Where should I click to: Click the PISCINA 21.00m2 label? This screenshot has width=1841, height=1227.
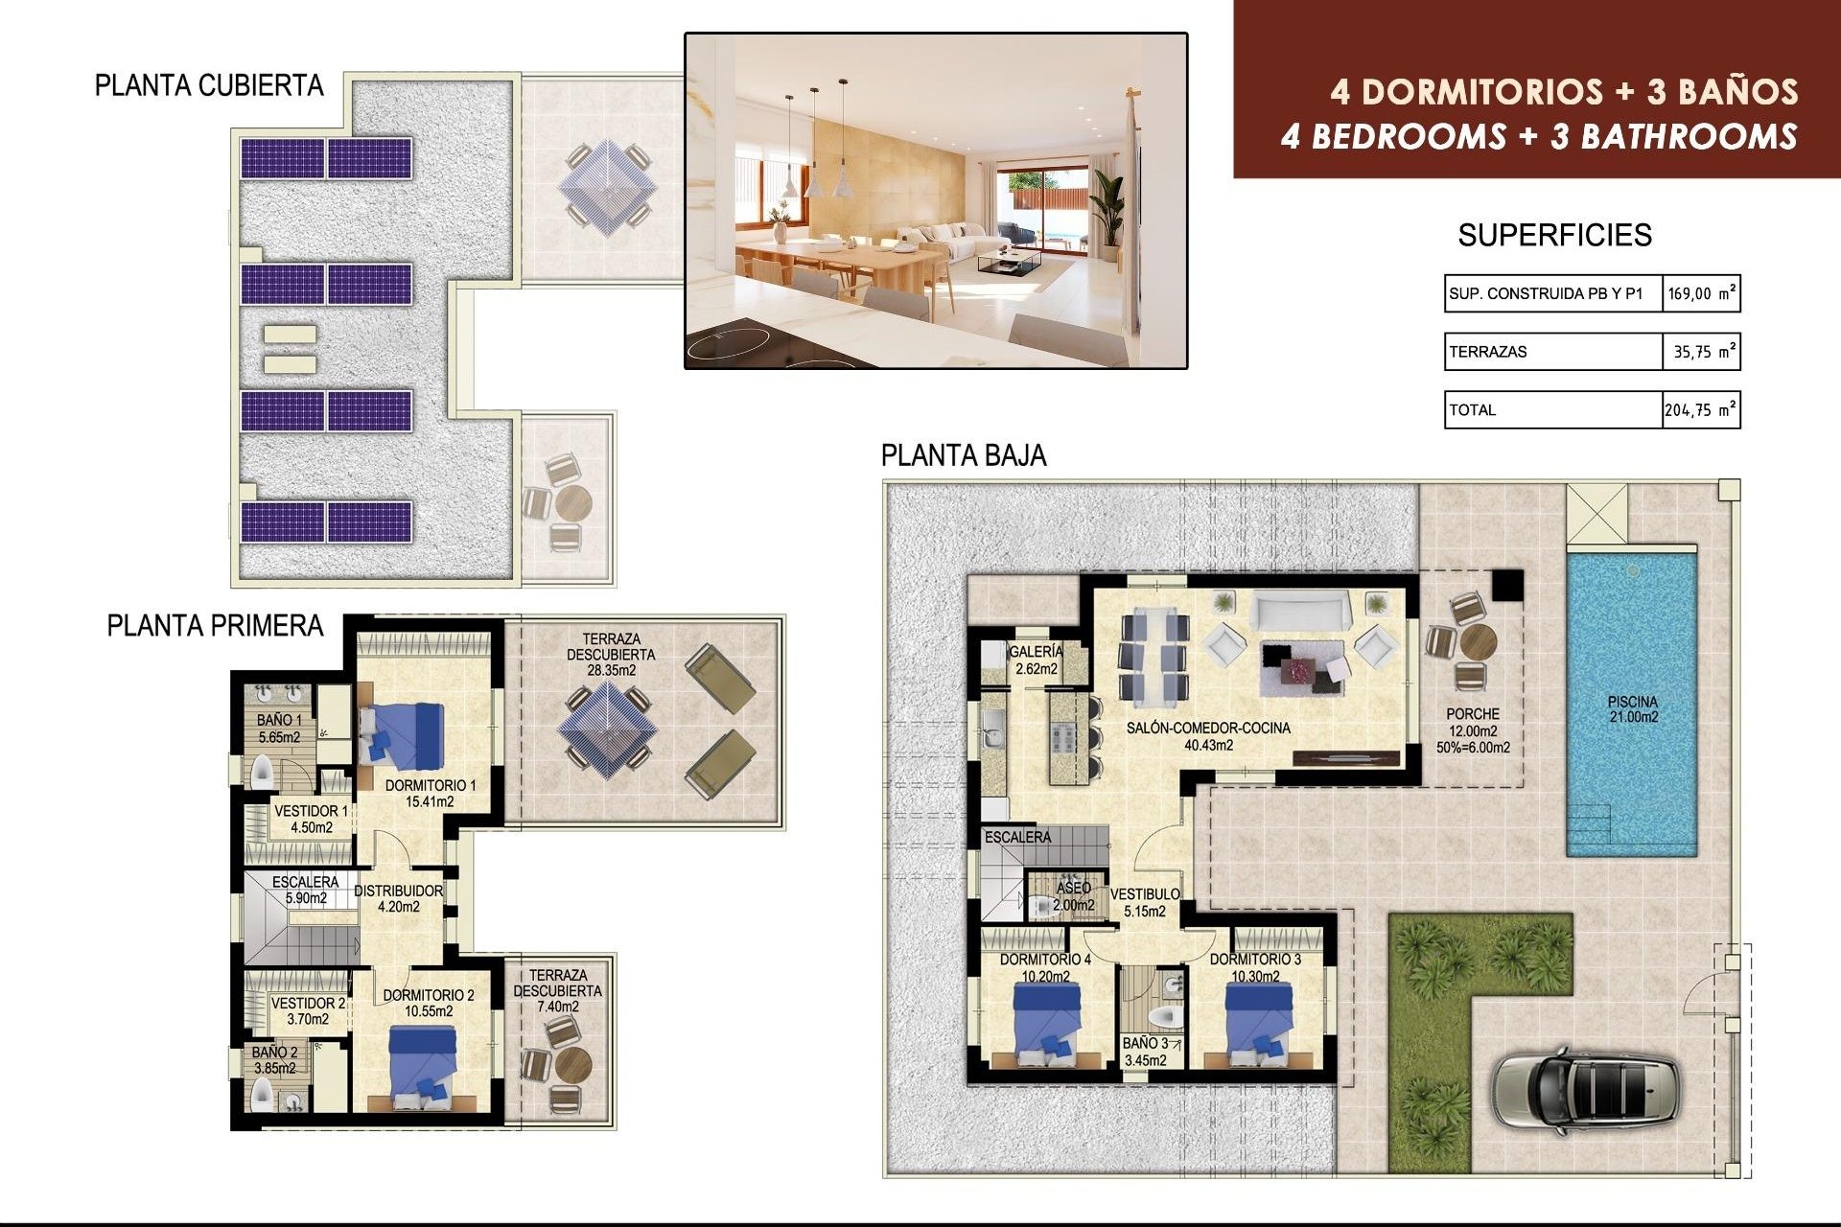tap(1632, 709)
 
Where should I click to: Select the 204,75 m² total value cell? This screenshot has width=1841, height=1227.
tap(1700, 410)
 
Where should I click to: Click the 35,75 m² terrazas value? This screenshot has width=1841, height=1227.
tap(1700, 352)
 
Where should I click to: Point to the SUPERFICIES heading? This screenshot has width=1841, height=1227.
tap(1554, 235)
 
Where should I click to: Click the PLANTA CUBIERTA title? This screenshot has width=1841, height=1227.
tap(209, 86)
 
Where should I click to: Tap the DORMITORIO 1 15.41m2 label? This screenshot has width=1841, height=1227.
tap(430, 793)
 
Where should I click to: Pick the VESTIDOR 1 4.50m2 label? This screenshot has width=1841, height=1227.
tap(311, 819)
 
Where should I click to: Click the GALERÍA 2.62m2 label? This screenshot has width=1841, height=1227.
tap(1036, 660)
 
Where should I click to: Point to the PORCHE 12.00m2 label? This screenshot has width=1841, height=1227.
tap(1473, 729)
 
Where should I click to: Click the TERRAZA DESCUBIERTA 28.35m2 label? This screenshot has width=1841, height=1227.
tap(611, 654)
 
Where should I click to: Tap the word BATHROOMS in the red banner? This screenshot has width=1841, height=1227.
tap(1689, 136)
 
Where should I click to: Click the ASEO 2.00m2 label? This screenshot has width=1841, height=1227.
tap(1073, 895)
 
